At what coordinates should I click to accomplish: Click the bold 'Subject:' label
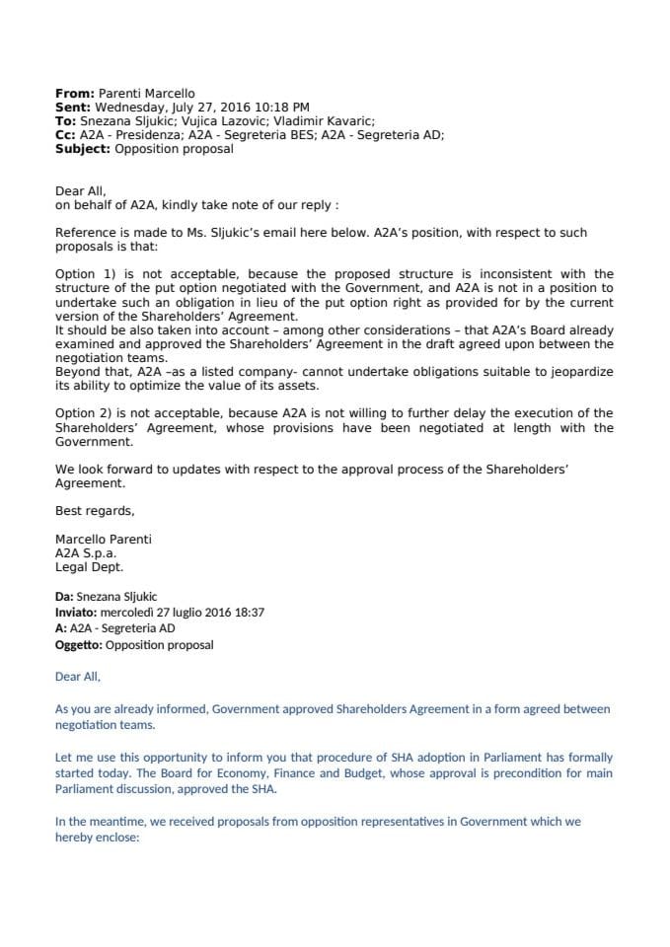click(x=83, y=150)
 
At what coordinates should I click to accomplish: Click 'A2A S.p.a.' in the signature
click(x=86, y=553)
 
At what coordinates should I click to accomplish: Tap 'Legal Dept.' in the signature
click(x=90, y=567)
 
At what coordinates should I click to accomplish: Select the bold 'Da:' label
click(x=66, y=596)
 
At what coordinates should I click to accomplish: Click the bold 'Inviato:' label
click(x=77, y=612)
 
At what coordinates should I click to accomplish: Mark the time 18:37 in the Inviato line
click(x=248, y=612)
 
